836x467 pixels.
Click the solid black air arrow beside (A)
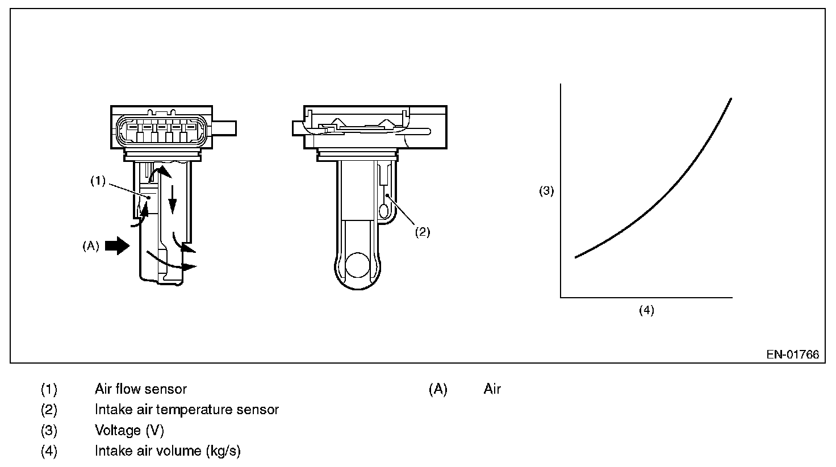coord(118,246)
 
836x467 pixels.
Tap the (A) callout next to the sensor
coord(91,246)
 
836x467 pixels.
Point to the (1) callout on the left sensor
coord(98,181)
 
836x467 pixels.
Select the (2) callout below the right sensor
coord(422,232)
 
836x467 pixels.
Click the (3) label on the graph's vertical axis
coord(546,191)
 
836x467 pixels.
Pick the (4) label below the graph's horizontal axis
coord(646,310)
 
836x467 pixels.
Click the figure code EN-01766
coord(792,355)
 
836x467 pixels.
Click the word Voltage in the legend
coord(118,431)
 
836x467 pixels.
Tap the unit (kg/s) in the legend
coord(223,451)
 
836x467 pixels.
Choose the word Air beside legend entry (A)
coord(492,389)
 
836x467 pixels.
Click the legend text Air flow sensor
coord(140,389)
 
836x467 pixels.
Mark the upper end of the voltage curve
coord(730,99)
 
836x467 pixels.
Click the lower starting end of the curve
coord(576,257)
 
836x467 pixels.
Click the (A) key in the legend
coord(438,389)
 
